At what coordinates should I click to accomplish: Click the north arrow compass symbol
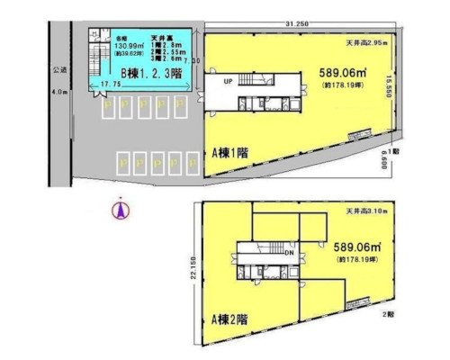coord(116,211)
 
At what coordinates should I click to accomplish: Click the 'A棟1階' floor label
coord(230,153)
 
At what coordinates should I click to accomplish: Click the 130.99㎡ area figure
coord(130,45)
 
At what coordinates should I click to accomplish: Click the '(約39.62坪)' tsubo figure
coord(130,53)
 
